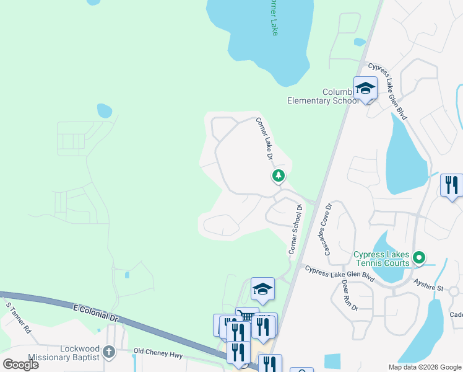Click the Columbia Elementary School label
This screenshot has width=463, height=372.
click(322, 96)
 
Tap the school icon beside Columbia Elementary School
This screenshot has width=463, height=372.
click(365, 88)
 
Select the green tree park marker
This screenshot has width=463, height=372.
click(279, 176)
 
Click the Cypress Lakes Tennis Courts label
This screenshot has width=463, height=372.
click(381, 259)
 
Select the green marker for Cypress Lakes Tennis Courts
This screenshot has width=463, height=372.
click(419, 257)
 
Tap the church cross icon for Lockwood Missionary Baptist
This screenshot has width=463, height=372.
click(110, 352)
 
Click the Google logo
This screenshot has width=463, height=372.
click(20, 364)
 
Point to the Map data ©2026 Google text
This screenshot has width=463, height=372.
click(425, 367)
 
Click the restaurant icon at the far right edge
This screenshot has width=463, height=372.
click(452, 185)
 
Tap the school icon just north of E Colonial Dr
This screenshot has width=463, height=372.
click(262, 289)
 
